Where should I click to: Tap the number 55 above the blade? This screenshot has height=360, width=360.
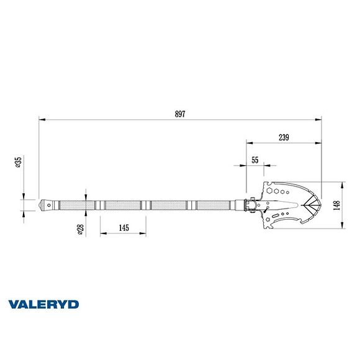tap(255, 160)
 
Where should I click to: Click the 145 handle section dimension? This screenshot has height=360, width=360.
tap(123, 228)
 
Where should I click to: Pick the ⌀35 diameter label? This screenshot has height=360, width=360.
tap(19, 162)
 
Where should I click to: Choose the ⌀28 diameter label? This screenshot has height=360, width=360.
tap(80, 229)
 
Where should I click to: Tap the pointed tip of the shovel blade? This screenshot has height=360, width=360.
tap(321, 205)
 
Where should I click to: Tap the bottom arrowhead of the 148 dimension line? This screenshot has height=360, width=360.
tap(343, 227)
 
